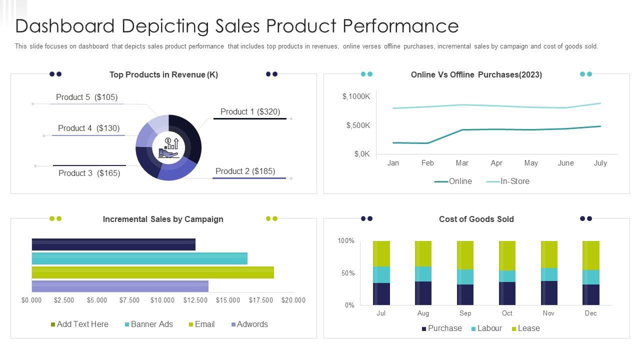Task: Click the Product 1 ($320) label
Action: click(250, 111)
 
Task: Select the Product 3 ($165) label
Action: click(89, 173)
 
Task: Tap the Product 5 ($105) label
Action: click(86, 97)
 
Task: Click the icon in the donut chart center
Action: click(168, 147)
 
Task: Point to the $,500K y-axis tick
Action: click(358, 125)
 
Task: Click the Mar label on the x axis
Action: click(462, 163)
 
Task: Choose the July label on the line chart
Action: click(600, 163)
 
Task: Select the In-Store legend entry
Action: click(508, 181)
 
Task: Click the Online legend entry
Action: click(453, 181)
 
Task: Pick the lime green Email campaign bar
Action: click(152, 272)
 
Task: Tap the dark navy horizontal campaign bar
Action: click(113, 244)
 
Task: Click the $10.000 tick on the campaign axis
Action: click(162, 300)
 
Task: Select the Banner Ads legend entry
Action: click(148, 324)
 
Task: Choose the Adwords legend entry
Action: click(249, 324)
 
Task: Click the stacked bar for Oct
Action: click(507, 273)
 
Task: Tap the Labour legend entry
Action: click(486, 328)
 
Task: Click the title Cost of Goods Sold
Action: click(476, 219)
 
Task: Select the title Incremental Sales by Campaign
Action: click(163, 219)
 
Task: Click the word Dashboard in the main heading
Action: click(65, 26)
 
